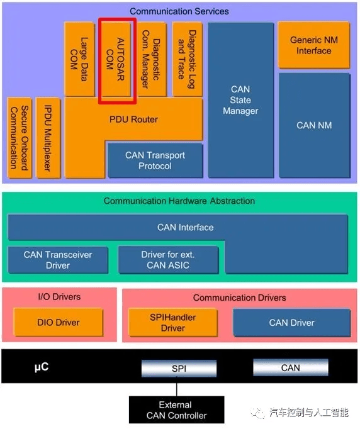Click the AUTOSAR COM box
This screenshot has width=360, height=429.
(116, 59)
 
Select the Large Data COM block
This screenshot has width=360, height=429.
(79, 59)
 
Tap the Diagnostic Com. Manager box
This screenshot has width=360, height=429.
(152, 59)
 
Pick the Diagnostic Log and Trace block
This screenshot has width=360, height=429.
(188, 59)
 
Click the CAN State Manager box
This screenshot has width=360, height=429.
(241, 100)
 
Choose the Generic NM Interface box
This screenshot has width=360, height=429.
(313, 45)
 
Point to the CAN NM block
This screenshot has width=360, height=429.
(314, 125)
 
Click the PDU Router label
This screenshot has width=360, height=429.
(133, 120)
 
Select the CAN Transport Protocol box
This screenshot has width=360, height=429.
(155, 160)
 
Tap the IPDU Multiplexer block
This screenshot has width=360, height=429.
(48, 138)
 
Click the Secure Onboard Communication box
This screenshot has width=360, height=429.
(20, 138)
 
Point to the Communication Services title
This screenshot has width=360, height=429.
(179, 11)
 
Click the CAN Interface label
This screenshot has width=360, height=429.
(185, 227)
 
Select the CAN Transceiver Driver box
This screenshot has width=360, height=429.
(58, 260)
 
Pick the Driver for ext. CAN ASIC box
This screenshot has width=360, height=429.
(168, 260)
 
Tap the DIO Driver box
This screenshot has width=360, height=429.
(59, 322)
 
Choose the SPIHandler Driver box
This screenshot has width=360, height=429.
(172, 323)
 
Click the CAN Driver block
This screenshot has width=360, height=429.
(291, 323)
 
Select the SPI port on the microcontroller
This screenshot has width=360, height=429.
(179, 369)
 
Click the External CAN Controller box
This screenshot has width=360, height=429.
(177, 410)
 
